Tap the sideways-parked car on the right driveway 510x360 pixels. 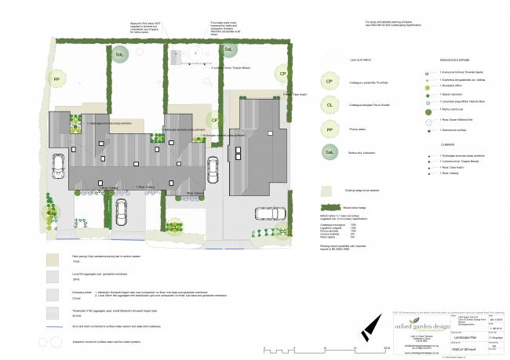tap(266, 213)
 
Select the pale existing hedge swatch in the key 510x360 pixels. tap(330, 190)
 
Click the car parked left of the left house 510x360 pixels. tap(58, 165)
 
